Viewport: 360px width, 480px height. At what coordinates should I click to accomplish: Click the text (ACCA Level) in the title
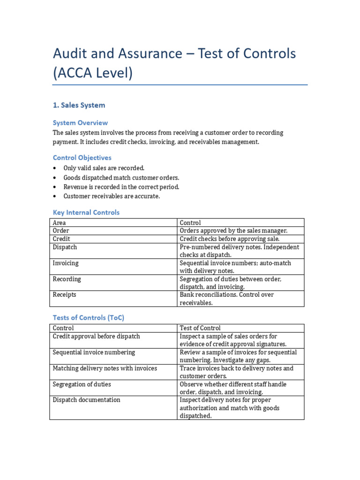[x=93, y=73]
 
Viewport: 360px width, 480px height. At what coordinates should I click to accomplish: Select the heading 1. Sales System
[x=79, y=105]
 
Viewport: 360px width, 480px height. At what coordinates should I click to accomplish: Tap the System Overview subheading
[x=80, y=123]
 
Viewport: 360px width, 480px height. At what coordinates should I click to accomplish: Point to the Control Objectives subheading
[x=82, y=158]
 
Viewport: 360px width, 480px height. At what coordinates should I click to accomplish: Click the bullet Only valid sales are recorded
[x=104, y=168]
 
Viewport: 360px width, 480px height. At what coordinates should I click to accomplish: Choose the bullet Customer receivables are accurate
[x=112, y=196]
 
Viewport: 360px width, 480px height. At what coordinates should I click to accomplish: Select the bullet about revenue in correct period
[x=121, y=187]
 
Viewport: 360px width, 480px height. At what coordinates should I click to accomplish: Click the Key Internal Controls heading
[x=86, y=212]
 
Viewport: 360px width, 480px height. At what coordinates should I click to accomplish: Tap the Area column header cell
[x=59, y=223]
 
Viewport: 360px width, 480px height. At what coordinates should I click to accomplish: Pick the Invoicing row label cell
[x=66, y=263]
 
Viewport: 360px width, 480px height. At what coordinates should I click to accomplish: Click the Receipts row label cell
[x=64, y=295]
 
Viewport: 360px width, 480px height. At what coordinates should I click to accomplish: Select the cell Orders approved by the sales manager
[x=233, y=231]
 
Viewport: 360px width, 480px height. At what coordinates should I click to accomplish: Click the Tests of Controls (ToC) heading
[x=88, y=317]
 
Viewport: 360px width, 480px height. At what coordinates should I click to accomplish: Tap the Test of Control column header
[x=200, y=328]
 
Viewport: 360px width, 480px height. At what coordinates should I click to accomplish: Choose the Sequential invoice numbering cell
[x=94, y=352]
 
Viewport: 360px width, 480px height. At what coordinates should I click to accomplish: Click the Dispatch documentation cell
[x=86, y=400]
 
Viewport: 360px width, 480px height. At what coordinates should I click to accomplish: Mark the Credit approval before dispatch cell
[x=96, y=336]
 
